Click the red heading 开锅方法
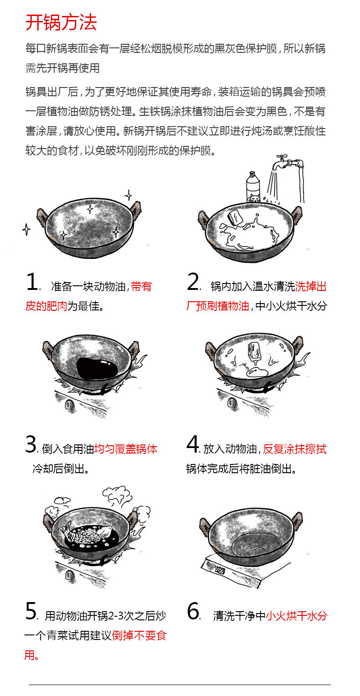click(61, 22)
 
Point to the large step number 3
click(31, 445)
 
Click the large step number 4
click(192, 445)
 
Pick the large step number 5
click(31, 612)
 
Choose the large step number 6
click(193, 612)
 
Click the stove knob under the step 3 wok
click(70, 404)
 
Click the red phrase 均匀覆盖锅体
click(125, 449)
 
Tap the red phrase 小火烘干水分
click(296, 616)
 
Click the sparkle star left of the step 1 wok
click(26, 229)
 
